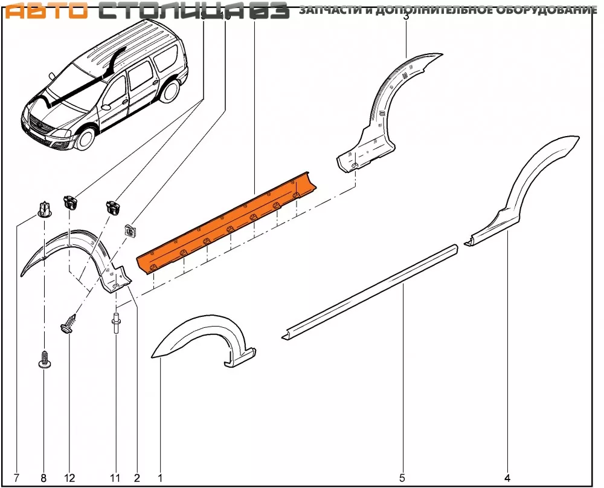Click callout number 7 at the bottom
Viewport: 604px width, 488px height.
tap(16, 478)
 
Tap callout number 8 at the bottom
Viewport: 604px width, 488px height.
tap(43, 478)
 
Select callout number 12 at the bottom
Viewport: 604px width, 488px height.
tap(70, 478)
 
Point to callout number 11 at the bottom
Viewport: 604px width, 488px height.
tap(115, 478)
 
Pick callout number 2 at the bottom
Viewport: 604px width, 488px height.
tap(137, 478)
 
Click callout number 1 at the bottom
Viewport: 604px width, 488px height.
tap(160, 478)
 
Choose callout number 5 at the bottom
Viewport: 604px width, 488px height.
tap(402, 478)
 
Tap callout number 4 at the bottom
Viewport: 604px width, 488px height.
tap(507, 478)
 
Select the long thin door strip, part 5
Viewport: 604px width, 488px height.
tap(368, 290)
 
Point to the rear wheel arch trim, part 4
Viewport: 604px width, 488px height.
tap(532, 181)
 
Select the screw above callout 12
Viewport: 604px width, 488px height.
tap(69, 323)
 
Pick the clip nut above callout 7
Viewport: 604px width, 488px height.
tap(43, 209)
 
